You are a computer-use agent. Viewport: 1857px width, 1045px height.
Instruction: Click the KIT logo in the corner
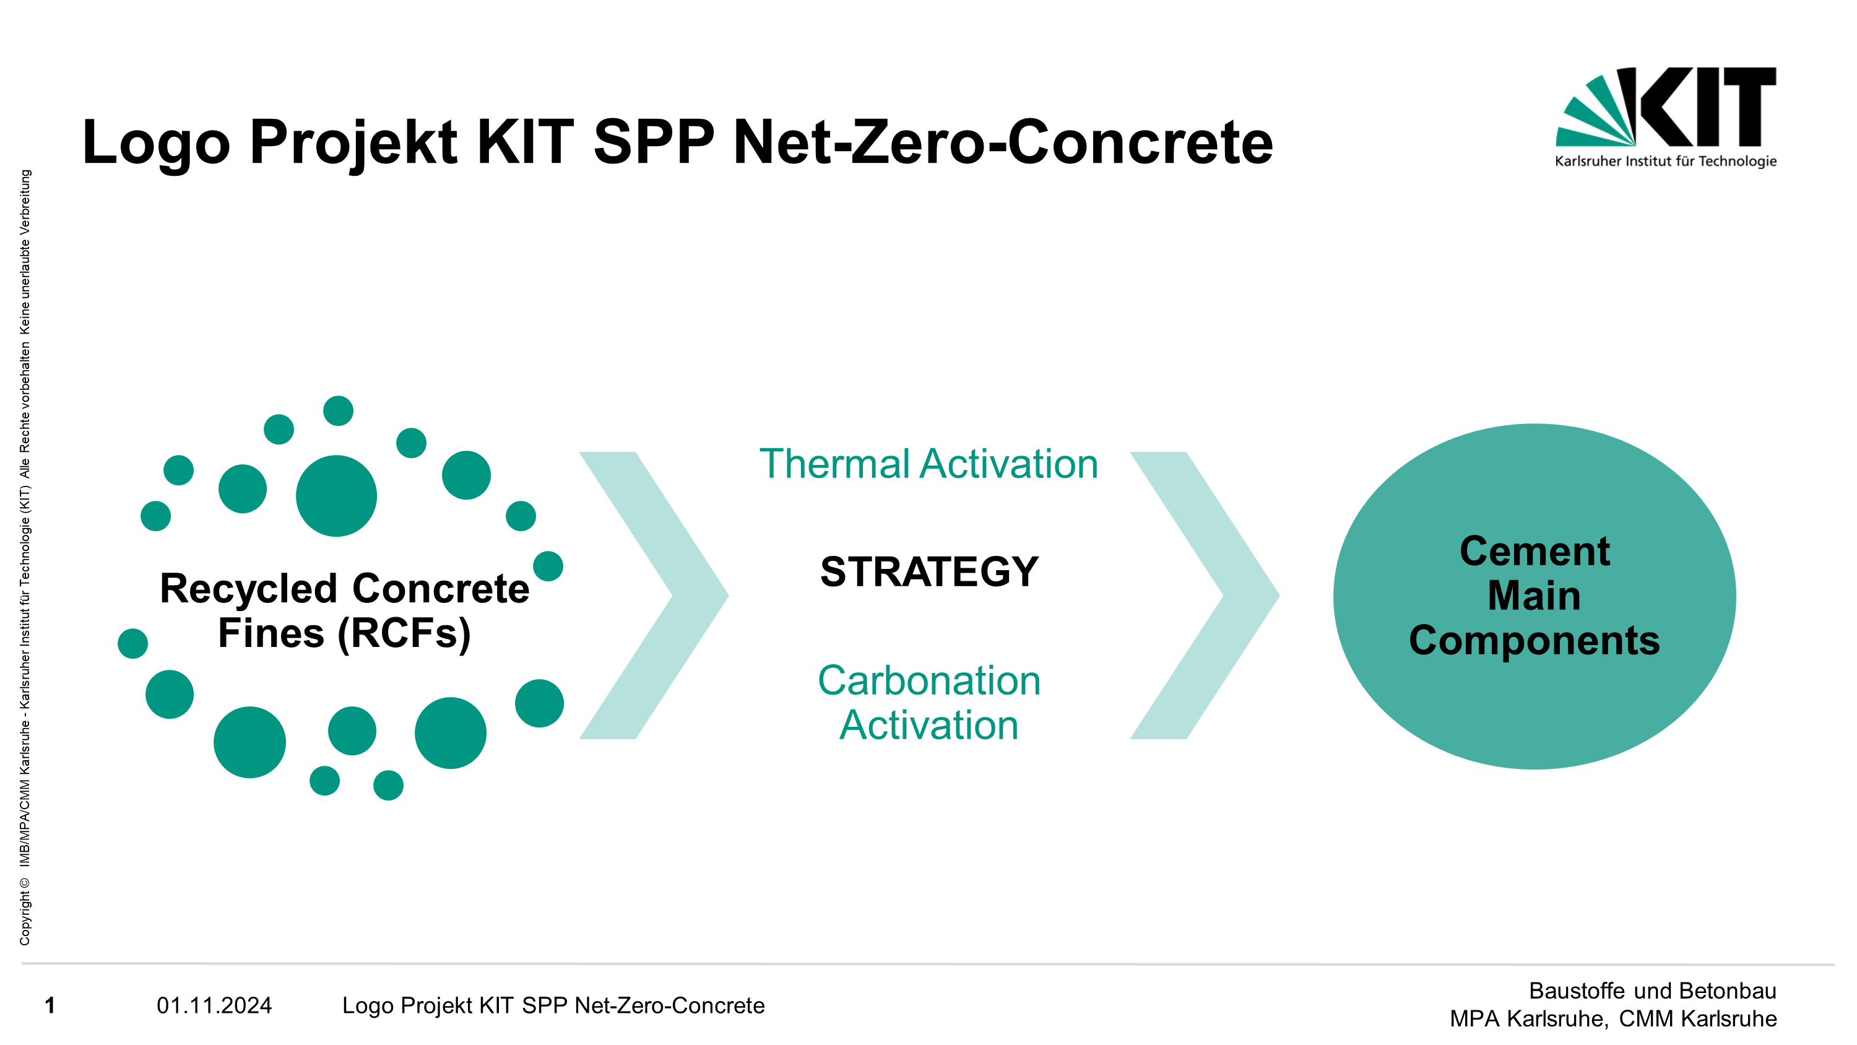(x=1665, y=118)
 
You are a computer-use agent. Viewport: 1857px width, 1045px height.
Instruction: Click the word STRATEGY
(x=929, y=572)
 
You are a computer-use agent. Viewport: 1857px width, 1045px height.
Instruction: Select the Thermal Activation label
(x=929, y=464)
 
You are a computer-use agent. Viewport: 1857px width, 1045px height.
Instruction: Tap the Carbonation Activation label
(x=929, y=703)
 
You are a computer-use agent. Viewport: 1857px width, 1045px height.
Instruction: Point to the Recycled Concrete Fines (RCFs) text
(x=345, y=611)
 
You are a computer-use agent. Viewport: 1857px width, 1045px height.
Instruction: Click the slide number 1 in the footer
(x=50, y=1005)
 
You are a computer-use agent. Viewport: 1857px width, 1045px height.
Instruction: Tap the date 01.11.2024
(x=214, y=1005)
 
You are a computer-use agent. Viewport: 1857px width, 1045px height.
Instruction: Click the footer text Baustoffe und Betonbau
(x=1653, y=991)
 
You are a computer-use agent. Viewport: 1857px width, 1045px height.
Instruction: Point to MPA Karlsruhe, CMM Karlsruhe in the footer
(x=1613, y=1019)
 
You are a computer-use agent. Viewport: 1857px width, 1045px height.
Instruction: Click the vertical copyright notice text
(x=25, y=557)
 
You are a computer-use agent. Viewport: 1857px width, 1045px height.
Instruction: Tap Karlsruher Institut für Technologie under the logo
(x=1666, y=161)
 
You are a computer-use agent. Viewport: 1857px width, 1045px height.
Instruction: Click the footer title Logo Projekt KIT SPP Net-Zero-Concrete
(x=553, y=1005)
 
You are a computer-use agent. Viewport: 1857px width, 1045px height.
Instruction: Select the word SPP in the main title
(x=654, y=142)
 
